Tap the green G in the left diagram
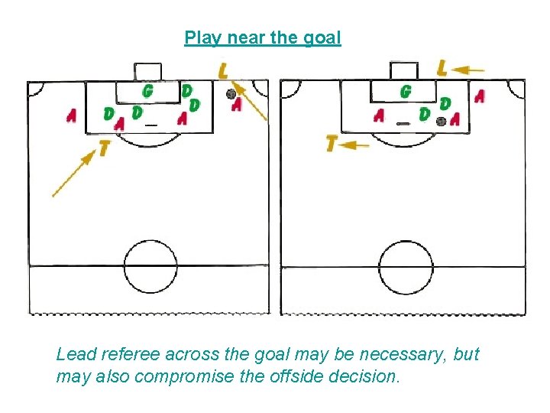[x=147, y=91]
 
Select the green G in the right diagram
[x=406, y=92]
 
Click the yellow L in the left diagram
[x=223, y=71]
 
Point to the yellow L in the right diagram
[x=442, y=68]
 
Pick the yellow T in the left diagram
[x=104, y=148]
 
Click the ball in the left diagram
[x=231, y=94]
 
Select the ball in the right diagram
[x=441, y=121]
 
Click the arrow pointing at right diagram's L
[x=468, y=70]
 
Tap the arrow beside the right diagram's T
[x=356, y=144]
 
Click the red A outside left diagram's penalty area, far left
[x=71, y=115]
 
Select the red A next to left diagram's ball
[x=237, y=104]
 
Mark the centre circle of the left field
[x=150, y=266]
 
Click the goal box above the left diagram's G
[x=147, y=70]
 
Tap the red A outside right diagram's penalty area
[x=479, y=97]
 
